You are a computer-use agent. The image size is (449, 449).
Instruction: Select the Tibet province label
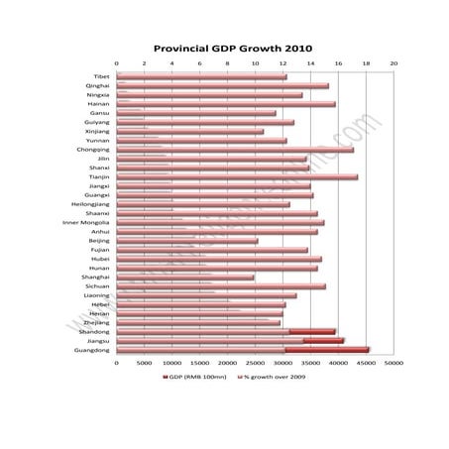pyautogui.click(x=101, y=76)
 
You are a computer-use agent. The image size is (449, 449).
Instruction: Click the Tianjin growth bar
pyautogui.click(x=237, y=177)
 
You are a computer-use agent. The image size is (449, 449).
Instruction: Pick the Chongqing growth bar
pyautogui.click(x=235, y=150)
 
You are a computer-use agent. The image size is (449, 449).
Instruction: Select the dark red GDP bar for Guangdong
pyautogui.click(x=326, y=350)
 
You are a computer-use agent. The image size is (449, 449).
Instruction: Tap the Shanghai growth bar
pyautogui.click(x=185, y=278)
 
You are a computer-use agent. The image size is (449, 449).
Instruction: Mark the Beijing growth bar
pyautogui.click(x=187, y=241)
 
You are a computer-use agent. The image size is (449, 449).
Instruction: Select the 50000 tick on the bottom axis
pyautogui.click(x=393, y=363)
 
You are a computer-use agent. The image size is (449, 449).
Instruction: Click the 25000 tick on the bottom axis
pyautogui.click(x=255, y=363)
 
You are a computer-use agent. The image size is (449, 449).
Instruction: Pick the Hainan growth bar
pyautogui.click(x=226, y=104)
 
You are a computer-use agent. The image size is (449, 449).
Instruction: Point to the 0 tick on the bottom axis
pyautogui.click(x=117, y=363)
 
